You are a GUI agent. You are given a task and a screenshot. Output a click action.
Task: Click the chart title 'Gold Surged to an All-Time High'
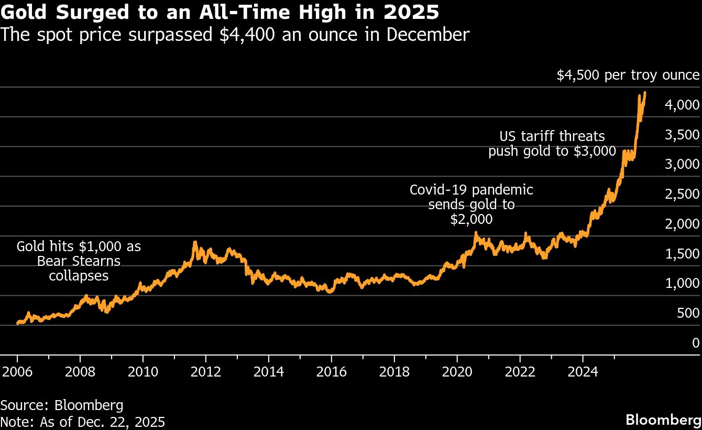click(220, 12)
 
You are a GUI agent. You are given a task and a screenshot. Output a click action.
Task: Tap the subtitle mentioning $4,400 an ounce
click(235, 35)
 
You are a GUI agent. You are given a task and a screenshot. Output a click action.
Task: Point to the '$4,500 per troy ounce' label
click(628, 75)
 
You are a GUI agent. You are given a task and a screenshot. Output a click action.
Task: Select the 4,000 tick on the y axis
click(682, 105)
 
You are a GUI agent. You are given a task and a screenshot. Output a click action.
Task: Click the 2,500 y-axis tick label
click(682, 194)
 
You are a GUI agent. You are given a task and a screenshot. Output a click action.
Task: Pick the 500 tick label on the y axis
click(688, 313)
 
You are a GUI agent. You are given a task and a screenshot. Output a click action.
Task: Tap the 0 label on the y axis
click(695, 342)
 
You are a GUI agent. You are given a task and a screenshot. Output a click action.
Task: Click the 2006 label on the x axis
click(17, 372)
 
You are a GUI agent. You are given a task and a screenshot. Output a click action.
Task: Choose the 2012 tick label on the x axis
click(206, 372)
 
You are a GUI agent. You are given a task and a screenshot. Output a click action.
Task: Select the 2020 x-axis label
click(457, 372)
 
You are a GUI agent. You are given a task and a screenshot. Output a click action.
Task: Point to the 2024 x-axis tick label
click(583, 372)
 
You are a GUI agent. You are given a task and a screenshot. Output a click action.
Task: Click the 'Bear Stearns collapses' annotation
click(79, 261)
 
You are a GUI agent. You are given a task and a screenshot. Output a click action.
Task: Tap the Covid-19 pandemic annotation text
click(471, 205)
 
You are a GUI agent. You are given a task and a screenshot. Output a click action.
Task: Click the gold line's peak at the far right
click(644, 93)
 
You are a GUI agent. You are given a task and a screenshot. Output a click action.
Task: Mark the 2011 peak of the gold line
click(195, 242)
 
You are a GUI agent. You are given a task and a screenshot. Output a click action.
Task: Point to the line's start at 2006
click(18, 324)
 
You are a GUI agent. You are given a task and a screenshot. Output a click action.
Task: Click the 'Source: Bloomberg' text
click(62, 405)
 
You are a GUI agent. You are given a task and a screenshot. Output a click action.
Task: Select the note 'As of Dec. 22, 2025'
click(83, 422)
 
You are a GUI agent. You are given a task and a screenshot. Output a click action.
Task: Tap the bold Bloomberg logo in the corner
click(663, 420)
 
